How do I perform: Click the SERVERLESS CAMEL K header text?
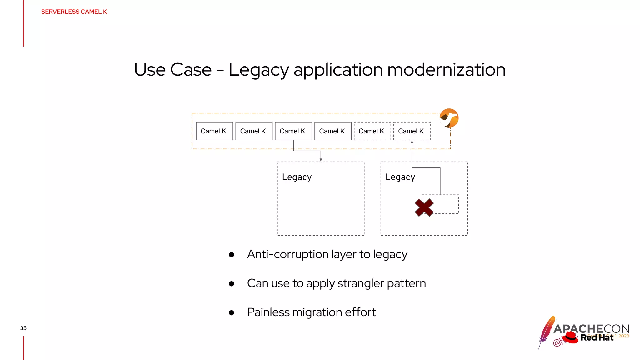click(x=74, y=12)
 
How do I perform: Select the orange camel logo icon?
click(x=449, y=118)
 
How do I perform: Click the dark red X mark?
click(x=424, y=207)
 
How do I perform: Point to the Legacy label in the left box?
click(x=297, y=177)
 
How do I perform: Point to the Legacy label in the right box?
click(x=400, y=177)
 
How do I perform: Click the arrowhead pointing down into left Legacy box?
click(x=321, y=160)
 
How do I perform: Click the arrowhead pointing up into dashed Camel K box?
click(x=412, y=142)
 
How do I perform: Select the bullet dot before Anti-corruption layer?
click(x=232, y=255)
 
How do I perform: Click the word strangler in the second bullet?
click(x=361, y=283)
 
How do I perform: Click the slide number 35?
click(x=23, y=328)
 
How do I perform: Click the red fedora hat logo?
click(x=571, y=337)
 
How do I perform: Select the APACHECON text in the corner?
click(x=591, y=329)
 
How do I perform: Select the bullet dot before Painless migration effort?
click(x=232, y=313)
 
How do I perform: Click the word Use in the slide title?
click(x=150, y=69)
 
